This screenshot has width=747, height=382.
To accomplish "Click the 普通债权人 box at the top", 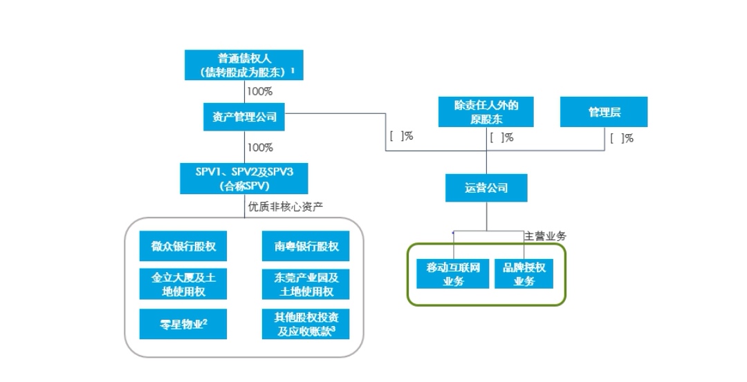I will pyautogui.click(x=244, y=64).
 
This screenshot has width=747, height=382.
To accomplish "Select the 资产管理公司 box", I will pyautogui.click(x=244, y=117).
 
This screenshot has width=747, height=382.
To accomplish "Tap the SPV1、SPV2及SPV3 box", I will pyautogui.click(x=244, y=178).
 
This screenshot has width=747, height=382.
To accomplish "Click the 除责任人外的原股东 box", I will pyautogui.click(x=486, y=112).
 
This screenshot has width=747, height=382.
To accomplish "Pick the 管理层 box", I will pyautogui.click(x=604, y=112).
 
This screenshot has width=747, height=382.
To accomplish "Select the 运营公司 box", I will pyautogui.click(x=486, y=187).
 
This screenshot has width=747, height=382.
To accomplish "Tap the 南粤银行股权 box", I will pyautogui.click(x=306, y=247).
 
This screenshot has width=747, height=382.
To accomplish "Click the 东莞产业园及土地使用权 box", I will pyautogui.click(x=306, y=284).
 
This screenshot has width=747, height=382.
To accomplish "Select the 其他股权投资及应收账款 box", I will pyautogui.click(x=306, y=323).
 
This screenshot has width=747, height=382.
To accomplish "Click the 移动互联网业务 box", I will pyautogui.click(x=453, y=274).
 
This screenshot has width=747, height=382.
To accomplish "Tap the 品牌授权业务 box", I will pyautogui.click(x=524, y=274).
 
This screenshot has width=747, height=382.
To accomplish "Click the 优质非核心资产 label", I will pyautogui.click(x=286, y=206).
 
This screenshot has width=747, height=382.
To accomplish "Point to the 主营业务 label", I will pyautogui.click(x=545, y=236).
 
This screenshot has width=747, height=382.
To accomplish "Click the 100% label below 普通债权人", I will pyautogui.click(x=260, y=90).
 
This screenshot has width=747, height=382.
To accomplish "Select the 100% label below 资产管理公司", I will pyautogui.click(x=260, y=147).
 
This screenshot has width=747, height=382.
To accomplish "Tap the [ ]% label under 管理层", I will pyautogui.click(x=622, y=138).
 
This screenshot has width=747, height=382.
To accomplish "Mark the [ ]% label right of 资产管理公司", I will pyautogui.click(x=401, y=136).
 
